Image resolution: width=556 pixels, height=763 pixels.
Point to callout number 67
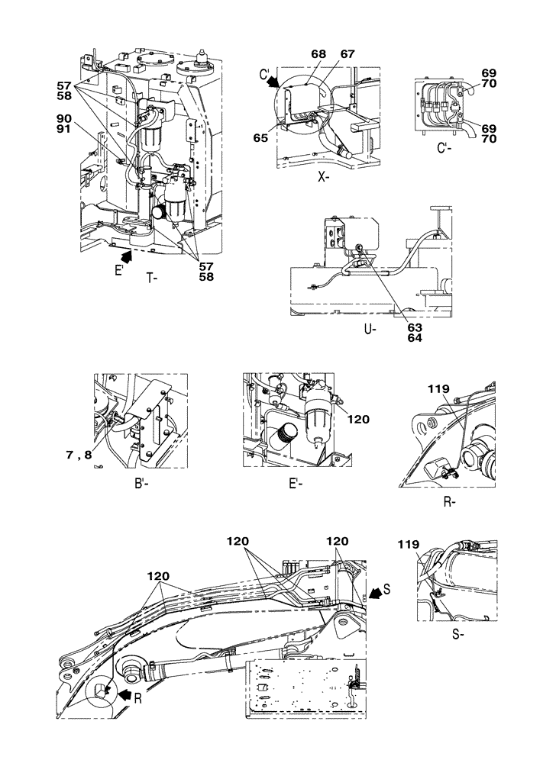coord(326,54)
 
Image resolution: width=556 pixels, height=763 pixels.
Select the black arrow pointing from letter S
coord(375,592)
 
